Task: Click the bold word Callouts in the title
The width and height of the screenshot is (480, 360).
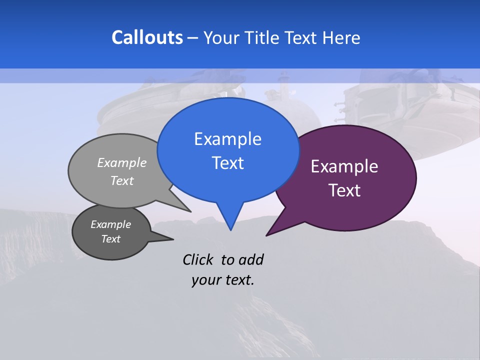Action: point(147,37)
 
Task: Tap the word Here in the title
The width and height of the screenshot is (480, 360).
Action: point(341,38)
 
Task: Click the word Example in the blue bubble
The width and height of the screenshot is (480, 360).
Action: point(227,139)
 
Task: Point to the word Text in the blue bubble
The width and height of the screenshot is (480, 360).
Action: point(227,163)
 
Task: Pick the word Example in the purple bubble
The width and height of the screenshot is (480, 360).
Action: point(344,166)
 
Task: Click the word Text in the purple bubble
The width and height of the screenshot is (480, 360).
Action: point(344,190)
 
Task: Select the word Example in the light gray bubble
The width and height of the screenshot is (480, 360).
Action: point(122,162)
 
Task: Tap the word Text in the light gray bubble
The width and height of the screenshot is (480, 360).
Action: point(122,180)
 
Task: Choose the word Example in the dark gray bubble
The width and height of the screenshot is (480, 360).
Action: point(111,224)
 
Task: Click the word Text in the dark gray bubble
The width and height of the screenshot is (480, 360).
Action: point(111,239)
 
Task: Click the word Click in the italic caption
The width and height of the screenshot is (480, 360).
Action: point(198,259)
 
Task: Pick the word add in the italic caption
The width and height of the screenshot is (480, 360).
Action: point(251,259)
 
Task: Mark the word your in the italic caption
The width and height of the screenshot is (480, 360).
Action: point(205,280)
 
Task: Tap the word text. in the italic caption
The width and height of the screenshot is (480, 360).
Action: point(238,280)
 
